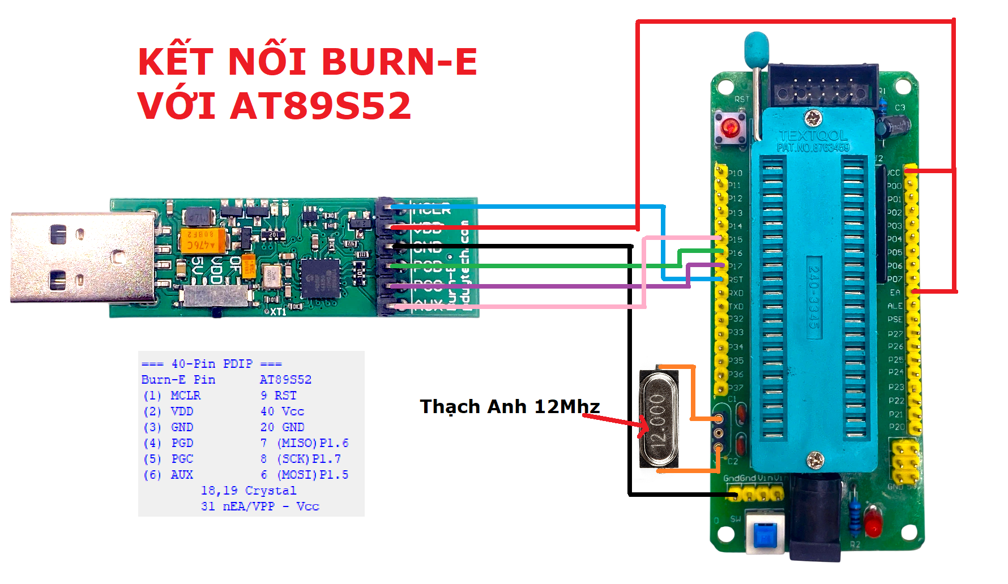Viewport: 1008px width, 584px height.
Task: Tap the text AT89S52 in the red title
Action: coord(321,106)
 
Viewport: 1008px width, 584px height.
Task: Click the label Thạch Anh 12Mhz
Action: coord(509,406)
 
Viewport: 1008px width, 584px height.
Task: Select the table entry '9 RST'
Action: coord(278,396)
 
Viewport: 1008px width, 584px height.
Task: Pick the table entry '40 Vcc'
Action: coord(282,411)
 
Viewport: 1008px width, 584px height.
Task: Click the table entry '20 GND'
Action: coord(282,427)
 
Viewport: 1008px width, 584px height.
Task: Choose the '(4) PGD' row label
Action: coord(168,443)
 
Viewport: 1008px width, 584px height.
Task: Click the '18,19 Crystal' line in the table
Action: coord(248,491)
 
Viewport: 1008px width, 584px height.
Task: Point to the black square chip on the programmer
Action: coord(321,278)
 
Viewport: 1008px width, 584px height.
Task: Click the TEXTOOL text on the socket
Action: coord(813,136)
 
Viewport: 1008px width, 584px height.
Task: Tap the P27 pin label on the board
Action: coord(895,334)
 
